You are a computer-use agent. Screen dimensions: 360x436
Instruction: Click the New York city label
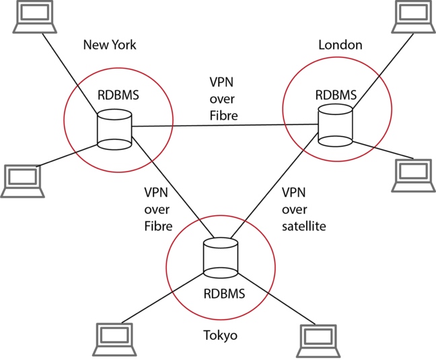point(110,45)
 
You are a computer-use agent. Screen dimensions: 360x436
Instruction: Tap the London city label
point(340,45)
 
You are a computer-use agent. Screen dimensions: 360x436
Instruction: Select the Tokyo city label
point(220,335)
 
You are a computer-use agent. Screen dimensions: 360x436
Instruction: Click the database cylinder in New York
point(114,130)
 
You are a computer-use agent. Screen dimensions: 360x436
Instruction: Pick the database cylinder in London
point(334,127)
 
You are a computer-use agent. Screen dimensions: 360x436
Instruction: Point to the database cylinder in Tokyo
point(219,257)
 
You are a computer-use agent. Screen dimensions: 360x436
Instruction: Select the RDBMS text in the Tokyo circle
point(223,293)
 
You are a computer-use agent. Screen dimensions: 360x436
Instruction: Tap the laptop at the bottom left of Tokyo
point(112,340)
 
